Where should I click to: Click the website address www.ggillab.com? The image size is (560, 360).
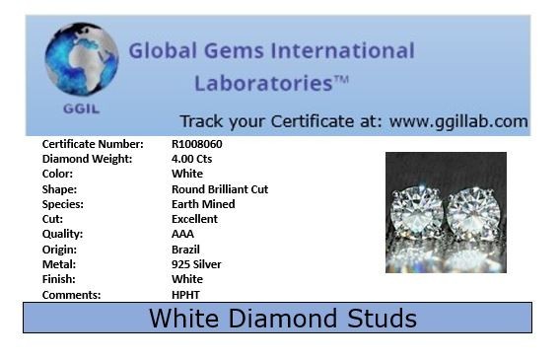[x=458, y=121]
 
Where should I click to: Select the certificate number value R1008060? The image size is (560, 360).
[x=197, y=144]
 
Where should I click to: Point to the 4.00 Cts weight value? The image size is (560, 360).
[x=192, y=159]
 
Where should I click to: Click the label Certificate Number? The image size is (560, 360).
[x=93, y=144]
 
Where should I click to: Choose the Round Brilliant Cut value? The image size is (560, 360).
[x=220, y=189]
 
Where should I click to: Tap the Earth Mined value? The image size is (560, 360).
[x=203, y=204]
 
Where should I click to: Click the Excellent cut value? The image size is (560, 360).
[x=195, y=219]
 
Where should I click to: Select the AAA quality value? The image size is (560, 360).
[x=182, y=235]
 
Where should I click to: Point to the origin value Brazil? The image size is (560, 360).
[x=185, y=250]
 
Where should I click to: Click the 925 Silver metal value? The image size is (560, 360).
[x=196, y=264]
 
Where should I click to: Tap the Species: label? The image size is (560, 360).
[x=63, y=204]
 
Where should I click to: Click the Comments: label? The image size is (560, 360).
[x=71, y=295]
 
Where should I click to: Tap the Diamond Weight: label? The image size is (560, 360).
[x=85, y=159]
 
